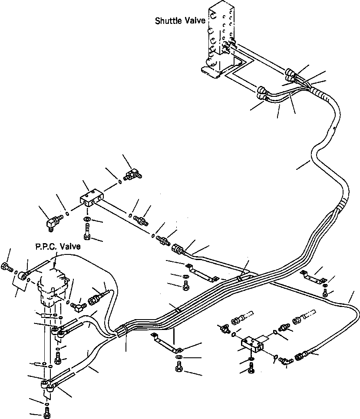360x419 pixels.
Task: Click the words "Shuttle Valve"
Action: [180, 20]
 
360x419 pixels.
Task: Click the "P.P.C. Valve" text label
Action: [58, 246]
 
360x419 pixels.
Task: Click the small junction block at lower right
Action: [252, 345]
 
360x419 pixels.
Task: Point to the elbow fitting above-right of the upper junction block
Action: [132, 174]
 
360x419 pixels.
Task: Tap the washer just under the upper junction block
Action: [87, 219]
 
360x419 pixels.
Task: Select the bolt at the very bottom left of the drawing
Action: [47, 414]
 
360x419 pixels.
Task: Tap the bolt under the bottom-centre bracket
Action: [179, 366]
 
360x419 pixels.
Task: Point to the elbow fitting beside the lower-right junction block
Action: [285, 360]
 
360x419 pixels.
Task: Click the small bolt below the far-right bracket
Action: [324, 293]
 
